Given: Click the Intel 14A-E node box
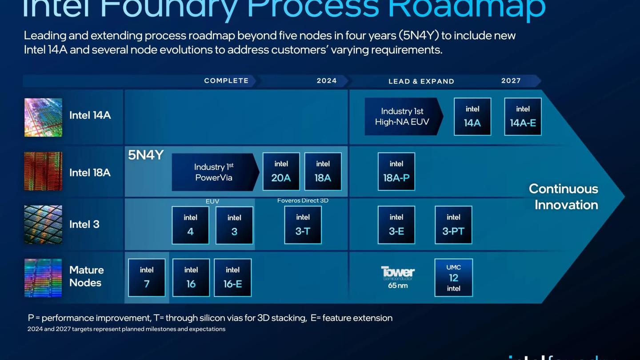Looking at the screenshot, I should pos(523,116).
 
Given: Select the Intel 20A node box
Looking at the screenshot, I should pos(281,172).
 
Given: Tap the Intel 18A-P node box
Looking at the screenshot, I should pos(396,172).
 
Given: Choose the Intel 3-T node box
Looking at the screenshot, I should pos(303,225).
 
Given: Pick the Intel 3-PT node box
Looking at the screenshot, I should pos(453,225).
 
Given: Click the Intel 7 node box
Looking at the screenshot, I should pos(147,278).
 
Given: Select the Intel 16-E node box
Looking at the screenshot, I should pos(232,278).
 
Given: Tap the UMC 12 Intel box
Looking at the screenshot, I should pos(453,278).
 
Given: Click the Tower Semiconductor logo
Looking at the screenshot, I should pos(398,272).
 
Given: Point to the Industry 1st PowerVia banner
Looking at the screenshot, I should pos(214,172).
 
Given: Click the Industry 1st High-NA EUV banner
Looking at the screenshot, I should pos(402,116).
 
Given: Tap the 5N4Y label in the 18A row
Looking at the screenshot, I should pos(146,155).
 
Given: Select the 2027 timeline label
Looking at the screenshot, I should pos(511,81).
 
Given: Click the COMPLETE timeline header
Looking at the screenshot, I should pos(226,81).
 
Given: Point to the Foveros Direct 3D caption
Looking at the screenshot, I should pos(303,201).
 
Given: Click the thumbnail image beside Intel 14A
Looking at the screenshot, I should pos(43,117).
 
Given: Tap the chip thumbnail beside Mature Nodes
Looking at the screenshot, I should pos(43,278).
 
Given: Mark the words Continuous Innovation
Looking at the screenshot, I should pos(564,196).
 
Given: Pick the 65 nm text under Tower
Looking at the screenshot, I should pos(398,286).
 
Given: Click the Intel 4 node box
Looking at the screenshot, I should pos(190,225).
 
